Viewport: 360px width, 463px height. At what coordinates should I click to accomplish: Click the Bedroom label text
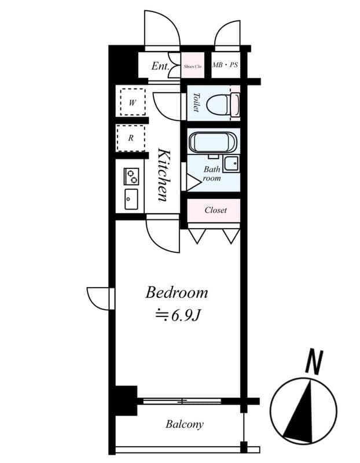coord(177,292)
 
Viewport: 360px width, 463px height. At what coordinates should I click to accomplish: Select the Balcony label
coord(185,424)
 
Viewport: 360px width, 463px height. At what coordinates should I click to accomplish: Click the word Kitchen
coord(164,175)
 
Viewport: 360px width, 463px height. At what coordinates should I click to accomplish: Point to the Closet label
coord(215,210)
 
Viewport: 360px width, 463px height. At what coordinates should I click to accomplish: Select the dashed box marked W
coord(132,102)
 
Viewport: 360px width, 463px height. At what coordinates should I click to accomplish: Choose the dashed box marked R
coord(131,138)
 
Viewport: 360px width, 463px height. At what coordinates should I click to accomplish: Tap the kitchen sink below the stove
coord(131,199)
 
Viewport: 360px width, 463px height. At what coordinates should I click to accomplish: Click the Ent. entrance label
coord(160,66)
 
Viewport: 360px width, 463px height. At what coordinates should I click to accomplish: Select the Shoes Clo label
coord(193,67)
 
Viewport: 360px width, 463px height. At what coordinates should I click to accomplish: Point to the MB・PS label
coord(225,65)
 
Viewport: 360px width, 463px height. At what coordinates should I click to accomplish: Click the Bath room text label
coord(211,174)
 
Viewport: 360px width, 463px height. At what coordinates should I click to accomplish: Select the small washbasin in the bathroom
coord(232,164)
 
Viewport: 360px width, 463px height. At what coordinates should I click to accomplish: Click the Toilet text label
coord(196,102)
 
